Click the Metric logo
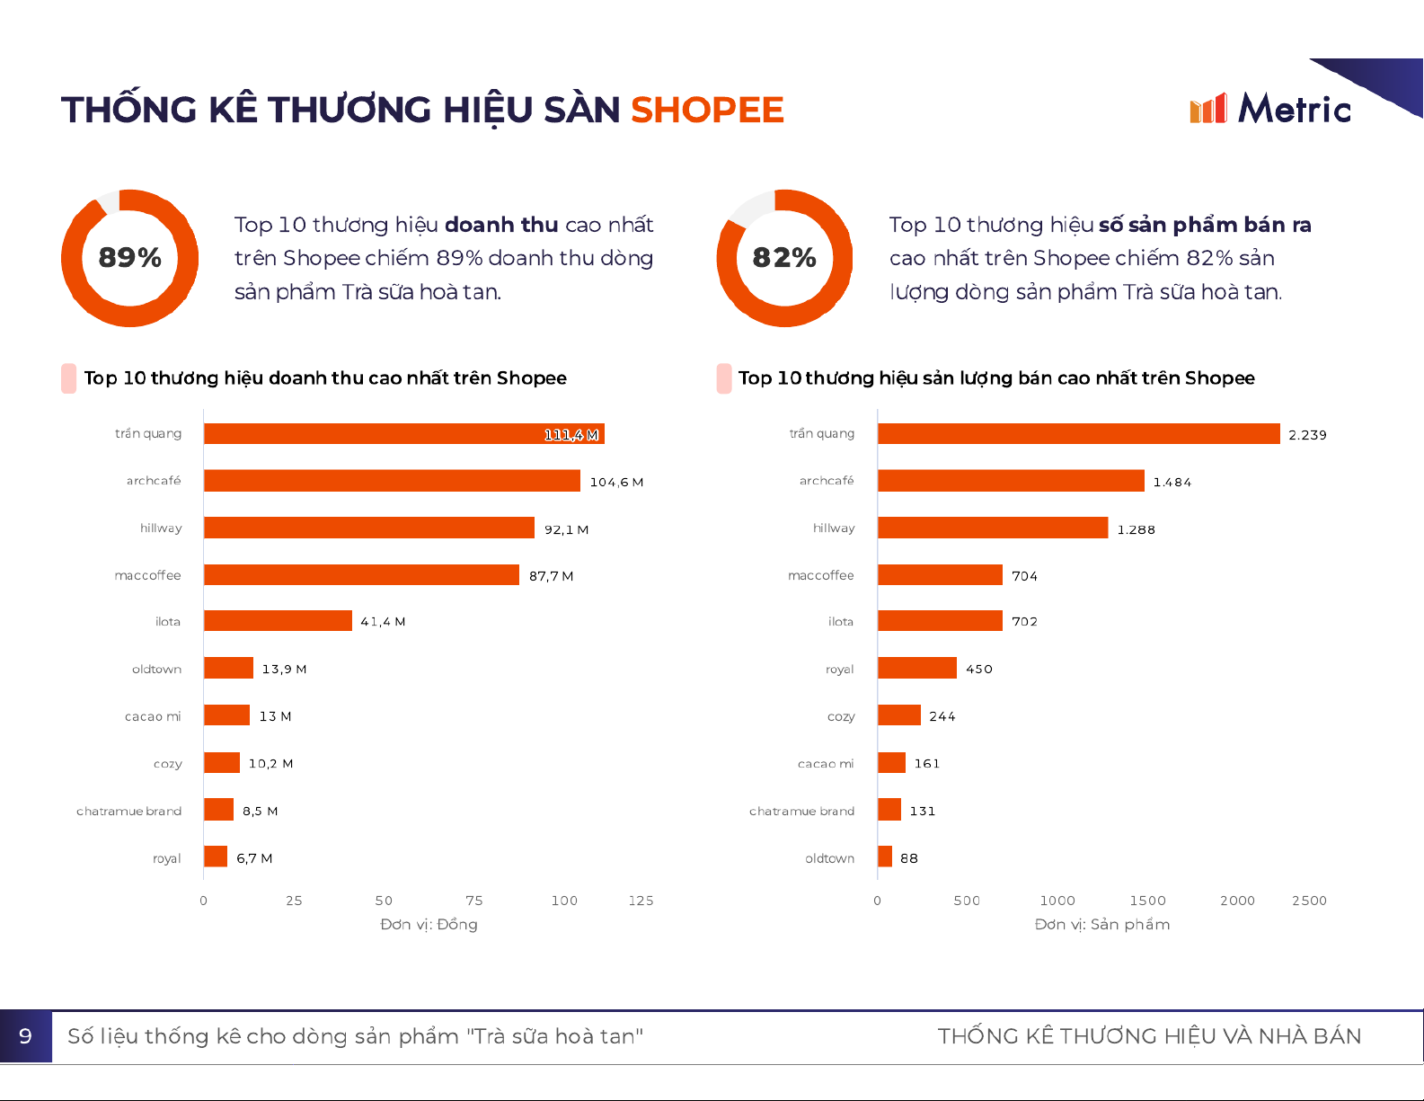pos(1269,109)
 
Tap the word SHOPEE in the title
pos(707,110)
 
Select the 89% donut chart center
pos(130,258)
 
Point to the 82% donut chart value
pos(784,258)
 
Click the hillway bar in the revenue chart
pos(368,528)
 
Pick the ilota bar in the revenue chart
pos(278,621)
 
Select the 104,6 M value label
pos(616,482)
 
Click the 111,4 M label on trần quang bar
pos(571,435)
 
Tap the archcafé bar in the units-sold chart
pos(1011,481)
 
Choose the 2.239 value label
pos(1307,435)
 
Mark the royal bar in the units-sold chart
pos(916,668)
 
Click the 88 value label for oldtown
pos(909,858)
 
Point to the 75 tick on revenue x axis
pos(474,901)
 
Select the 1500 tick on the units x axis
pos(1147,901)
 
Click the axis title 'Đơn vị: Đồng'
pos(429,924)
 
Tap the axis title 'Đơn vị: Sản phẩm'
pos(1102,924)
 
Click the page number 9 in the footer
pos(25,1036)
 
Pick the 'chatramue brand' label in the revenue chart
pos(128,811)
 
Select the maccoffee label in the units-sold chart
pos(820,575)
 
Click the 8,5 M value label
pos(260,811)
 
